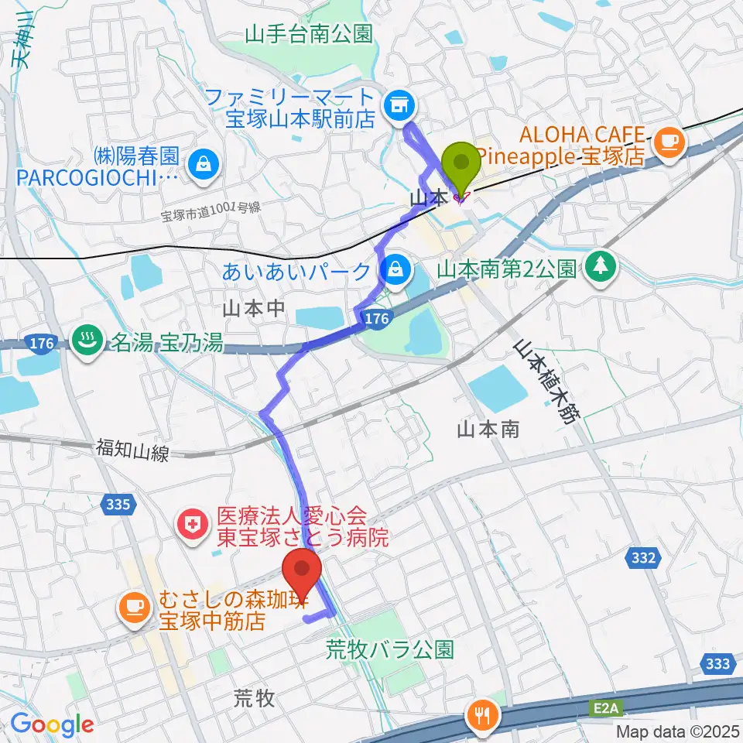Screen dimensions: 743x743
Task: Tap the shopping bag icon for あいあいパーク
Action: click(395, 270)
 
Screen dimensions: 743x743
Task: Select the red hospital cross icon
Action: click(189, 526)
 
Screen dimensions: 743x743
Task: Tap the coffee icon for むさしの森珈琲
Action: click(135, 605)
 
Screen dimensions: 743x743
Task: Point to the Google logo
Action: click(52, 724)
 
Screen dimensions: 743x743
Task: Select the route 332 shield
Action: click(644, 558)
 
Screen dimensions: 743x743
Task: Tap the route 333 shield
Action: click(719, 663)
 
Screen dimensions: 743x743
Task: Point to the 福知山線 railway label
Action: click(132, 450)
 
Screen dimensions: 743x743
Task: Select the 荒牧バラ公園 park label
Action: click(389, 649)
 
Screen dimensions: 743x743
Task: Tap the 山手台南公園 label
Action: click(309, 33)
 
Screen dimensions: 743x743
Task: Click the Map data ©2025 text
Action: click(677, 731)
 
